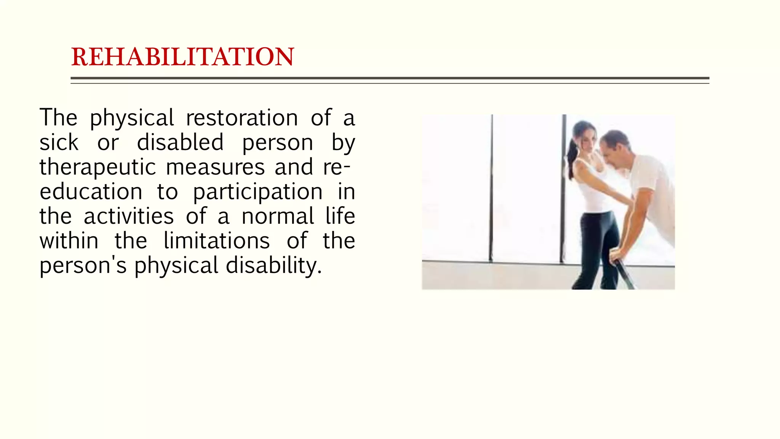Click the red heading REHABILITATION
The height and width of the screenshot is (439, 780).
(x=182, y=57)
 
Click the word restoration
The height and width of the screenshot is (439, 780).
(x=242, y=117)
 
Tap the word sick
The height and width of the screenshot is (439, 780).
(x=59, y=142)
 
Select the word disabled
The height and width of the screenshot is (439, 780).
(x=180, y=142)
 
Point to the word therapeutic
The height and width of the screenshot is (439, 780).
(x=98, y=167)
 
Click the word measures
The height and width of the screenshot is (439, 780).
(x=215, y=167)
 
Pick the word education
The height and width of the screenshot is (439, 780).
(x=91, y=191)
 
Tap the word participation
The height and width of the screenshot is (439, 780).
(x=258, y=192)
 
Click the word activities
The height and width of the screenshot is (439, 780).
(x=129, y=216)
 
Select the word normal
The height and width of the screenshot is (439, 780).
(x=278, y=216)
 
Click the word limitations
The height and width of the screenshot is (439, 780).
(x=217, y=241)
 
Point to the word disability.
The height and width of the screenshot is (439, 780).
(x=273, y=266)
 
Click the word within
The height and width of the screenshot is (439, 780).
(x=69, y=241)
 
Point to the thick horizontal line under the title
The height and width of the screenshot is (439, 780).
(x=390, y=78)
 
